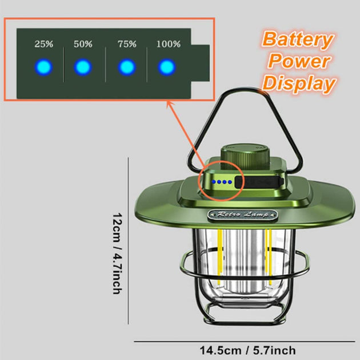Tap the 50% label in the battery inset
click(83, 43)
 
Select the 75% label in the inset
click(127, 43)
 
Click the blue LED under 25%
click(43, 67)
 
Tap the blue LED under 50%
click(83, 67)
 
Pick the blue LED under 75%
click(127, 67)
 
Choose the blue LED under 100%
click(167, 67)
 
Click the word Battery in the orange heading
click(298, 40)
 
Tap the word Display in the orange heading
click(299, 83)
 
